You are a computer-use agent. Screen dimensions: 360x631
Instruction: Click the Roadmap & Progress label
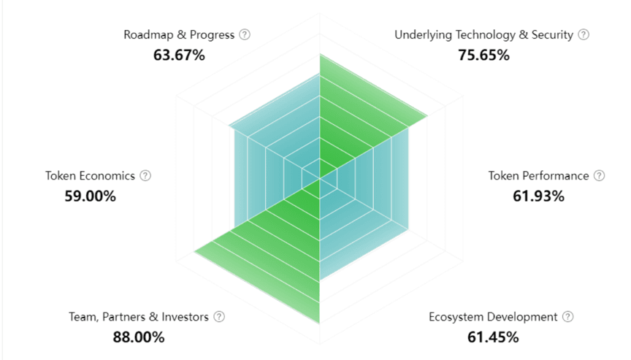[179, 34]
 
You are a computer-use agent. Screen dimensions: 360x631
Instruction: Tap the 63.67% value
[179, 55]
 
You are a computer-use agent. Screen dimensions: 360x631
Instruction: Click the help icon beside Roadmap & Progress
[245, 34]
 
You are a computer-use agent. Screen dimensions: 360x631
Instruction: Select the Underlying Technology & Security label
[483, 34]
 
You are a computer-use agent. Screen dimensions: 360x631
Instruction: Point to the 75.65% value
[483, 55]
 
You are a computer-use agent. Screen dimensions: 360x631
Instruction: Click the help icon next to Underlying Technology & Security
[583, 34]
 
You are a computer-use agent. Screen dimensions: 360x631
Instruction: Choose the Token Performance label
[538, 176]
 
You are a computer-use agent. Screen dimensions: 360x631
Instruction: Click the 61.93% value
[538, 196]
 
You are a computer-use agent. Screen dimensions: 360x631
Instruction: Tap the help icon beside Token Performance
[600, 176]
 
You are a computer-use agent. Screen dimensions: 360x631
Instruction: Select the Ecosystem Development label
[493, 317]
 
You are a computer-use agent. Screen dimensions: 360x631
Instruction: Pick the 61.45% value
[493, 337]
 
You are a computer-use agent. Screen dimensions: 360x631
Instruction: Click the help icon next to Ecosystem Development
[568, 317]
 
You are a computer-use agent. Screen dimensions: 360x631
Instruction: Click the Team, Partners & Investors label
[139, 317]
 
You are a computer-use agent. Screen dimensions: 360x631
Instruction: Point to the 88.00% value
[139, 337]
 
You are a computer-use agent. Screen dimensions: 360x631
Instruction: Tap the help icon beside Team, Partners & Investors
[219, 317]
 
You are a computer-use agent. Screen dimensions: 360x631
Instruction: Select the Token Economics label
[90, 176]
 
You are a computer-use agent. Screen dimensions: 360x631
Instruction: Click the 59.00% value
[90, 196]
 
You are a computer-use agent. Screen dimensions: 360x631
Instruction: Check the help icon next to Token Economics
[145, 176]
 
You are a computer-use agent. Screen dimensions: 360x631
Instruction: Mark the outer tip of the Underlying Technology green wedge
[427, 114]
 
